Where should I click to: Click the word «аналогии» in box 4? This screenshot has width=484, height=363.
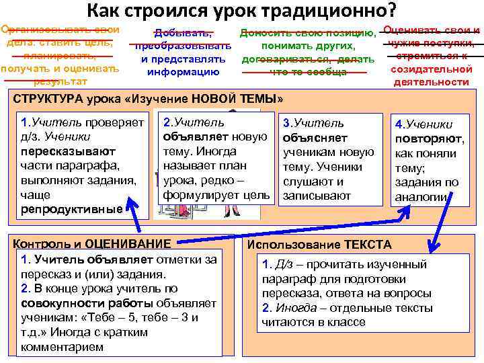421,196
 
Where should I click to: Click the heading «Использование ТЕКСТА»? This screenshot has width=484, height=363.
319,245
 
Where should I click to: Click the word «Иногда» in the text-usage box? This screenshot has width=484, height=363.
293,308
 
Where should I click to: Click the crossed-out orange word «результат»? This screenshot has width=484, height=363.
60,81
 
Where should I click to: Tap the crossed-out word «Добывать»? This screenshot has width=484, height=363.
183,33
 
